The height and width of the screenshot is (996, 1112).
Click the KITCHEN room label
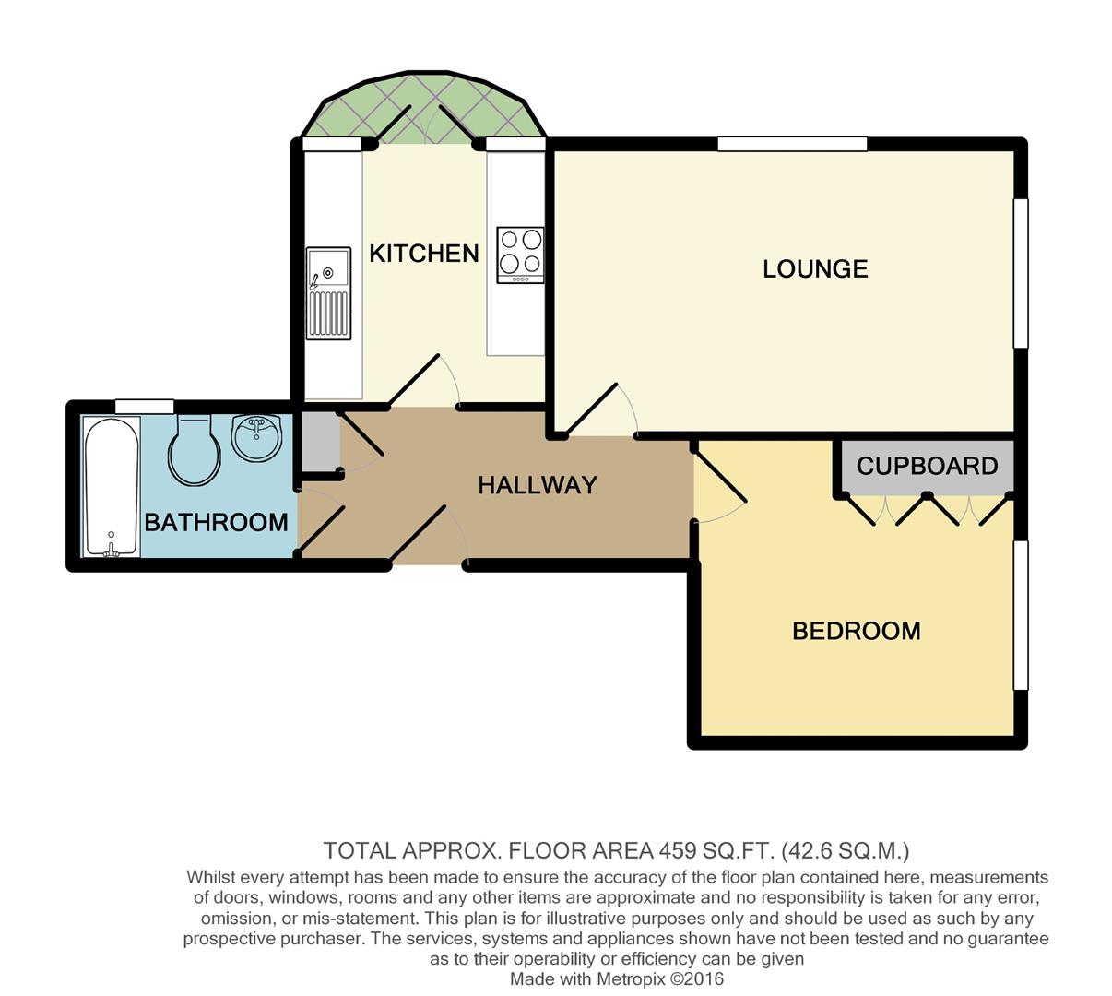click(423, 253)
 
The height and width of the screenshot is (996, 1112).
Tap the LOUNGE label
click(815, 269)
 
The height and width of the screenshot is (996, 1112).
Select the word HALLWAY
click(538, 485)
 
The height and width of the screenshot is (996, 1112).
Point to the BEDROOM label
click(857, 632)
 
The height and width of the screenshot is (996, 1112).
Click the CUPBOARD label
click(927, 466)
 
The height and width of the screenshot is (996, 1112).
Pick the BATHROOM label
click(217, 522)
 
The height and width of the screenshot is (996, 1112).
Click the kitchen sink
click(328, 293)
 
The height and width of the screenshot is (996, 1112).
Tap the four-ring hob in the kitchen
click(520, 255)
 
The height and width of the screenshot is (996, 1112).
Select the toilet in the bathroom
click(195, 450)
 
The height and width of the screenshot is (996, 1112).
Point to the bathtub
click(111, 487)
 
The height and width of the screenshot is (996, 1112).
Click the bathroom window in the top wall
click(145, 407)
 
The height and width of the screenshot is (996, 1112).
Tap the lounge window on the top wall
click(792, 144)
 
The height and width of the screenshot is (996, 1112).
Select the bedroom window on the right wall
click(1021, 615)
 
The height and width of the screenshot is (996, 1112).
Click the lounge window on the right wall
click(1021, 273)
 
